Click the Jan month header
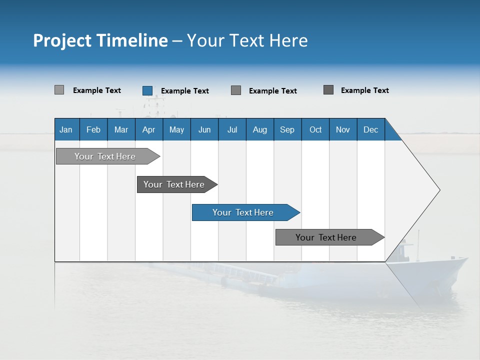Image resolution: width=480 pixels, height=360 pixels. [66, 129]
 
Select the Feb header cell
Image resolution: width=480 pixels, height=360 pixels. [93, 129]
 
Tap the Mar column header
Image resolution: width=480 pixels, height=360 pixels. [121, 129]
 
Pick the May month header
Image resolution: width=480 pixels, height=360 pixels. [176, 129]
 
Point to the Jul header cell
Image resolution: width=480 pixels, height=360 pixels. [232, 129]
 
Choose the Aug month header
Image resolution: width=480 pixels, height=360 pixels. [259, 129]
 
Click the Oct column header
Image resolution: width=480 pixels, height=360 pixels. [315, 129]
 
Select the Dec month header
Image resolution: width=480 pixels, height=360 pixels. [370, 129]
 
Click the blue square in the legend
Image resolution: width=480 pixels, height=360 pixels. [147, 90]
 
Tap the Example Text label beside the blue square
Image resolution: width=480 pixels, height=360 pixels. [184, 91]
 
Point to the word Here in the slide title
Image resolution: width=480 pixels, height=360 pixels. [288, 40]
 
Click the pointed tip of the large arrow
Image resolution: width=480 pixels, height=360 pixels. [438, 190]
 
